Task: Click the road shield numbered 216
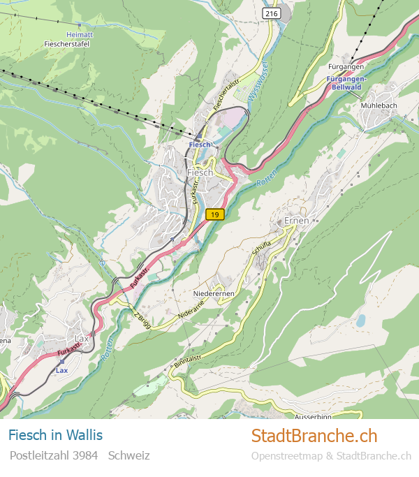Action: pyautogui.click(x=271, y=13)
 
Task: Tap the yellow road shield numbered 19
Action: pyautogui.click(x=216, y=214)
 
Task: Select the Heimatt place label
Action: pyautogui.click(x=78, y=34)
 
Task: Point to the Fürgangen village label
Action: pyautogui.click(x=346, y=66)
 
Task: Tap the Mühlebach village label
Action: pyautogui.click(x=379, y=105)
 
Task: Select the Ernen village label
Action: pyautogui.click(x=297, y=221)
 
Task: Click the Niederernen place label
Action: pyautogui.click(x=214, y=294)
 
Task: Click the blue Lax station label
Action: pyautogui.click(x=61, y=370)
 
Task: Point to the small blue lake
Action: pyautogui.click(x=360, y=321)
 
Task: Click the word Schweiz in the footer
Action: pyautogui.click(x=129, y=455)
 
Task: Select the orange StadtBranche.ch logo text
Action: pyautogui.click(x=314, y=436)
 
